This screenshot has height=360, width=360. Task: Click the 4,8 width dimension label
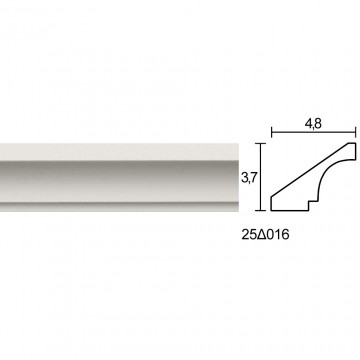coord(313,124)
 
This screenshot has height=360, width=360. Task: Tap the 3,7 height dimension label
coord(248,179)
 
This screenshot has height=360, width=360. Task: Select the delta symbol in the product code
coord(259,235)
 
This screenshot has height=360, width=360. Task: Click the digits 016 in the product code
coord(276,235)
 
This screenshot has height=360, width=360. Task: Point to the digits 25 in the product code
coord(248,235)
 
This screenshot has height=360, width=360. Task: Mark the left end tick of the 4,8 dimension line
coord(272,132)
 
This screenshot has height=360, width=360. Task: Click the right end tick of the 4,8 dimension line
coord(356,132)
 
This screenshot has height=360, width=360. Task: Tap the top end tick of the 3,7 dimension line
coord(260,143)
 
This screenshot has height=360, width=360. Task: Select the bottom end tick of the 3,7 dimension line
coord(260,211)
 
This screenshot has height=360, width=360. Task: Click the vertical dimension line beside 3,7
coord(260,177)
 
